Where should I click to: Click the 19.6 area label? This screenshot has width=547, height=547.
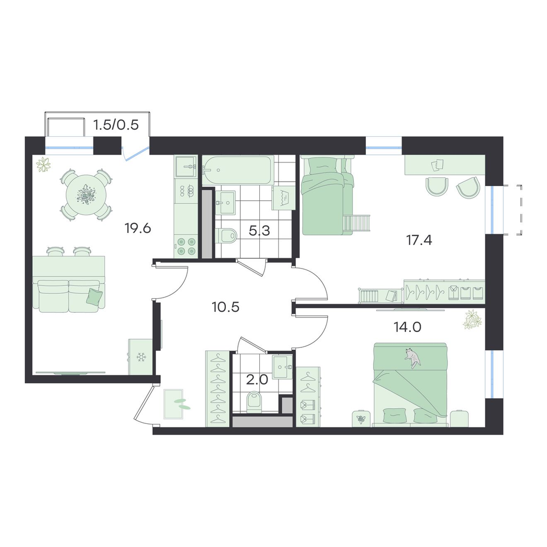point(137,229)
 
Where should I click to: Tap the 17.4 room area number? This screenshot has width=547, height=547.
point(418,240)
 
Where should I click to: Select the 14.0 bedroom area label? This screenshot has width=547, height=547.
point(408,327)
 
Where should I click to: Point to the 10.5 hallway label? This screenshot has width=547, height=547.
point(225,307)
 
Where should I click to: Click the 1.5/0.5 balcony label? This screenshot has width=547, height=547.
point(116,124)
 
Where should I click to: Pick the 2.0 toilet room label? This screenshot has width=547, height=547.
point(257,380)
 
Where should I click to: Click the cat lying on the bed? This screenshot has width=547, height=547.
point(413,358)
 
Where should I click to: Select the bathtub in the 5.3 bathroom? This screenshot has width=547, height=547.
point(237,171)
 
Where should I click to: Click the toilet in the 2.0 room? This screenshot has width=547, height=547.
point(254,401)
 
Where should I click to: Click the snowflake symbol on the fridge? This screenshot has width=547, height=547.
point(141,357)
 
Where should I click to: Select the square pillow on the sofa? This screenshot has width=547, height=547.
point(95,297)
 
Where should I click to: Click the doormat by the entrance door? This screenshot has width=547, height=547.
point(173,404)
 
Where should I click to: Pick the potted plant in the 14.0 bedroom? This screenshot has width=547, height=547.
point(472,319)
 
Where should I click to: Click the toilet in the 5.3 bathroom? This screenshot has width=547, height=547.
point(226,236)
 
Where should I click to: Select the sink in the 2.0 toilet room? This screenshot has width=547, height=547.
point(283,367)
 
